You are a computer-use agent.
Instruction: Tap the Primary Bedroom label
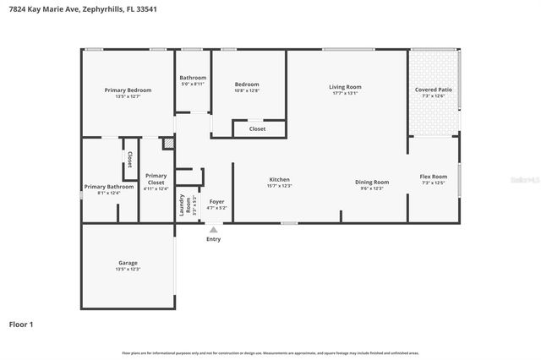click(x=128, y=90)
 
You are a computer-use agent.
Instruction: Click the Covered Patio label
click(x=433, y=90)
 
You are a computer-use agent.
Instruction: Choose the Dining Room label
click(x=372, y=183)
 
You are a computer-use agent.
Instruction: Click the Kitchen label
click(x=280, y=179)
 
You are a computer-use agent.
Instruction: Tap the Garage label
click(x=128, y=263)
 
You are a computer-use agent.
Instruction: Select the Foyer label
click(x=217, y=201)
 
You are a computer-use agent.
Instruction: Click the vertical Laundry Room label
click(x=182, y=205)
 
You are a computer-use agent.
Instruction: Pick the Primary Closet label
click(x=156, y=179)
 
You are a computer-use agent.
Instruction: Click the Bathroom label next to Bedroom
click(x=193, y=78)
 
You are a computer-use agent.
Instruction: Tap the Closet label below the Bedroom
click(x=257, y=128)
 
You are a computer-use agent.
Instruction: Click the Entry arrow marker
click(x=213, y=229)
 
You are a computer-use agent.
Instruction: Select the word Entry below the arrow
click(x=213, y=239)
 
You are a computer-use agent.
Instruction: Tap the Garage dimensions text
click(x=128, y=270)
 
